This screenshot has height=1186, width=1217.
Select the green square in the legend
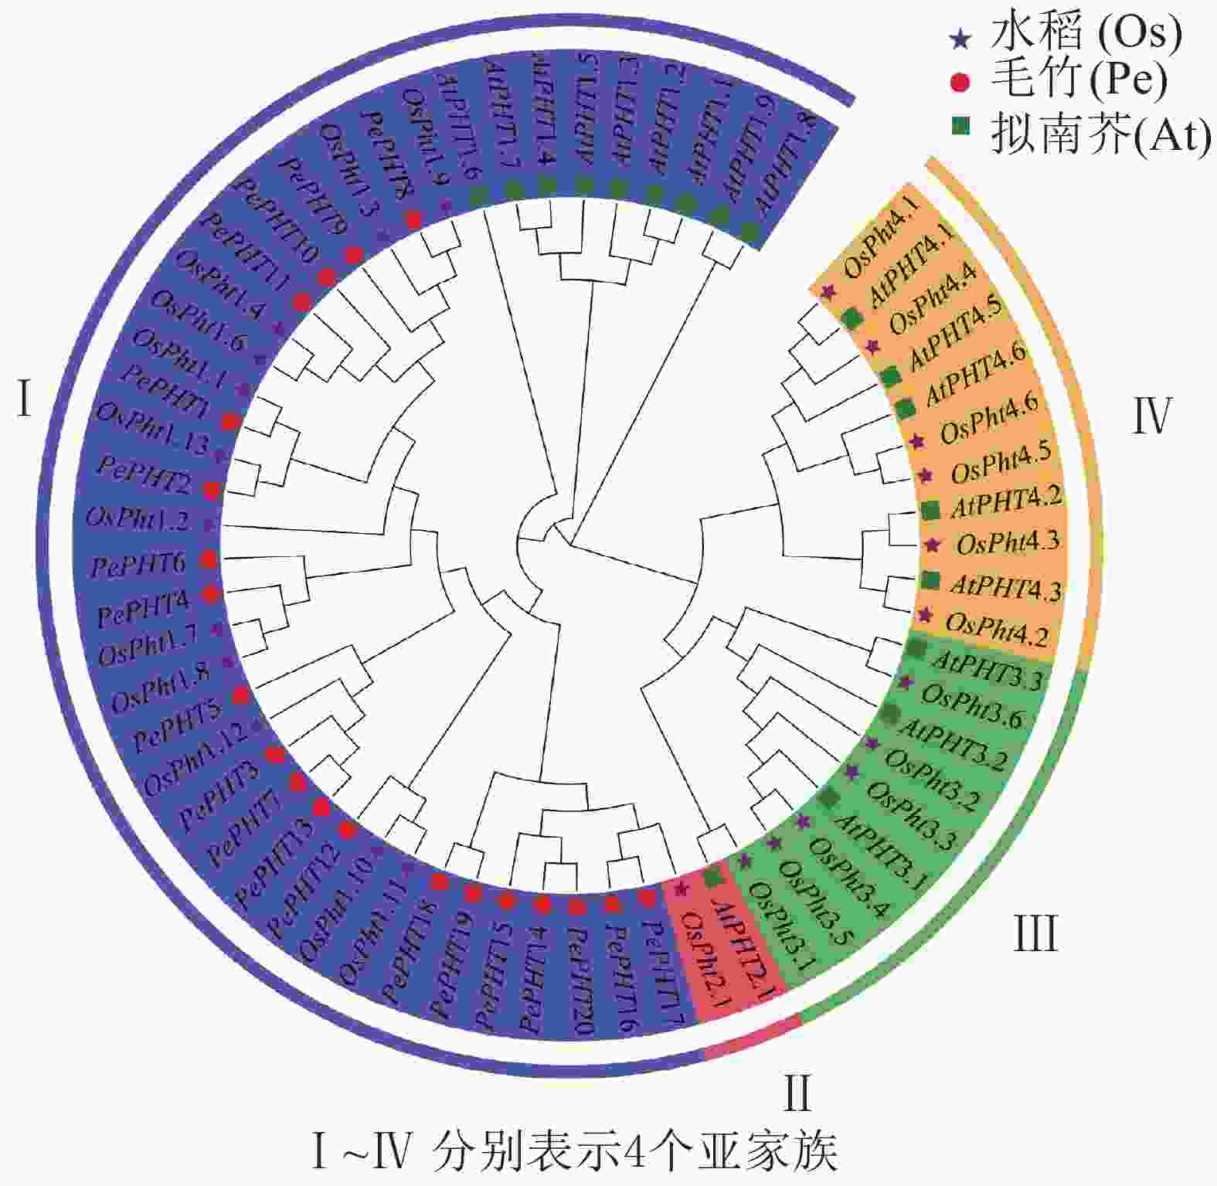[960, 126]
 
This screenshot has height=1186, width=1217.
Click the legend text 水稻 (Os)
[1086, 35]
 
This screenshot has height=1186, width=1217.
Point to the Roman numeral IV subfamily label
[1152, 416]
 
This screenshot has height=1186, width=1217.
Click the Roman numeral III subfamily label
[1035, 933]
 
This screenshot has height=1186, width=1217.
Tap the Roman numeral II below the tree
[797, 1092]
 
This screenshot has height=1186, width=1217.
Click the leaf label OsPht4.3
[1008, 543]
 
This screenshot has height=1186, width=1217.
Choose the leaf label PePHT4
[143, 610]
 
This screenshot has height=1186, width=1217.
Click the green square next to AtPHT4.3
[931, 579]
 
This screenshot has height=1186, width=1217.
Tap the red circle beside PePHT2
[211, 489]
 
